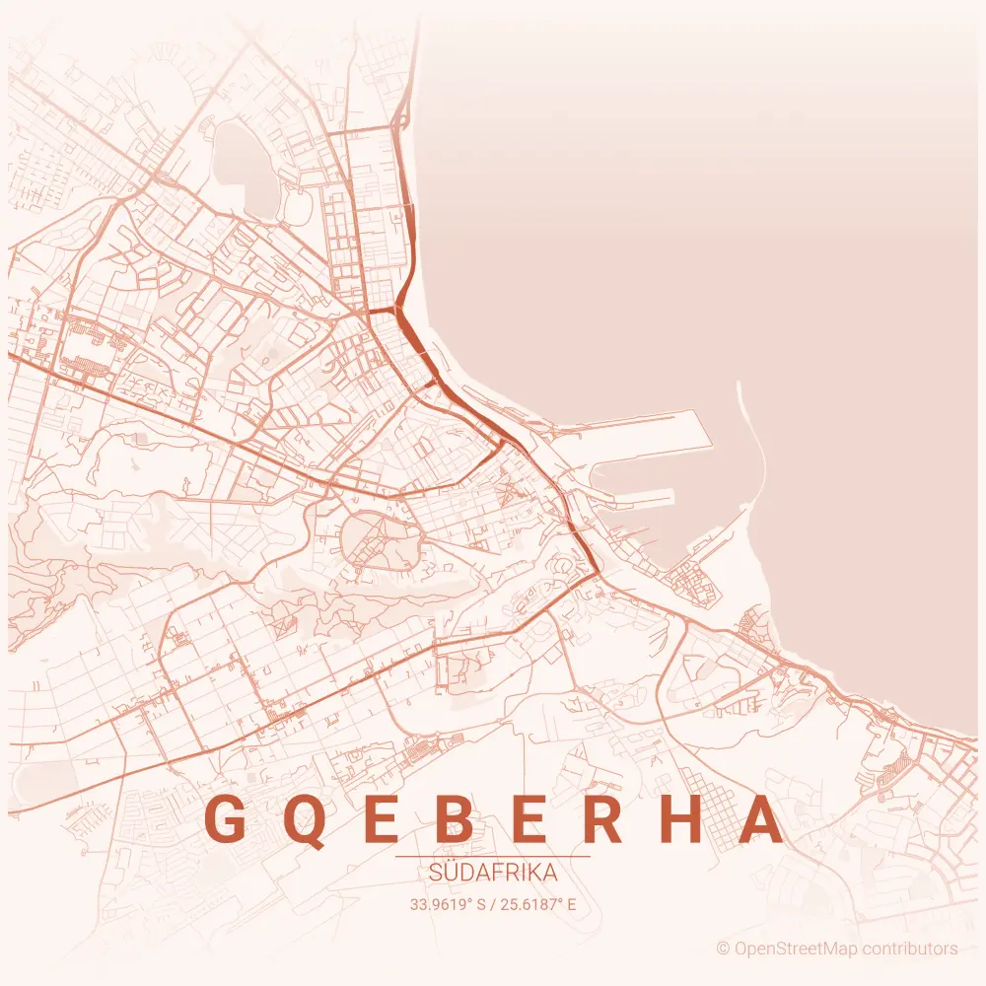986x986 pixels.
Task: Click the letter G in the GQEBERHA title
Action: pos(225,818)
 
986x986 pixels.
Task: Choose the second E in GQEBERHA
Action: pos(535,818)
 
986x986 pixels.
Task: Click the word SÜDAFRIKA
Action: pos(493,874)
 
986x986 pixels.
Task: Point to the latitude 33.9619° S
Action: pos(449,903)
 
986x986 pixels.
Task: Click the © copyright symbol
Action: pos(723,949)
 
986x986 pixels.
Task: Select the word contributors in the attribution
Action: pos(910,949)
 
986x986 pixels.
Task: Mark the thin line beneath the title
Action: pos(493,857)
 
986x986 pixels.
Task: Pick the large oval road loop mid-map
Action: pos(379,542)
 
